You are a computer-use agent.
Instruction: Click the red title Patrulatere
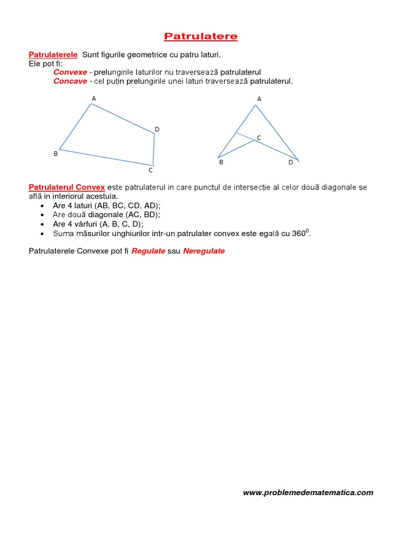200,36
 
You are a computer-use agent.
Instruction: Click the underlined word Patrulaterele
53,54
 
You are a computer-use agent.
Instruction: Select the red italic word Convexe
70,72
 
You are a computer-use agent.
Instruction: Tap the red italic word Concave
70,81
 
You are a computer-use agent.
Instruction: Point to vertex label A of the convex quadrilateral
94,98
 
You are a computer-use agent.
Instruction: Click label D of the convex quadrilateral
157,129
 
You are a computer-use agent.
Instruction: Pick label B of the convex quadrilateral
55,153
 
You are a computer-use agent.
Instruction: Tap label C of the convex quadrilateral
151,170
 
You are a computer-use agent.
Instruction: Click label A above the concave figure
259,99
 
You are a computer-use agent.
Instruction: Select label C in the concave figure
259,137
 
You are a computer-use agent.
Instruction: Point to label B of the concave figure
221,162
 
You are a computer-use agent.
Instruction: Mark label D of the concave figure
291,162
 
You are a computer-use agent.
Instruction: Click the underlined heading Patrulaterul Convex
67,187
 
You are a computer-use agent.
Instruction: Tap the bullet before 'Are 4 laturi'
41,206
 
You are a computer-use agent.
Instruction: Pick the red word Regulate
148,251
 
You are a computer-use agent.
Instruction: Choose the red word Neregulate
204,251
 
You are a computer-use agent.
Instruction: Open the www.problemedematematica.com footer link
308,492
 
